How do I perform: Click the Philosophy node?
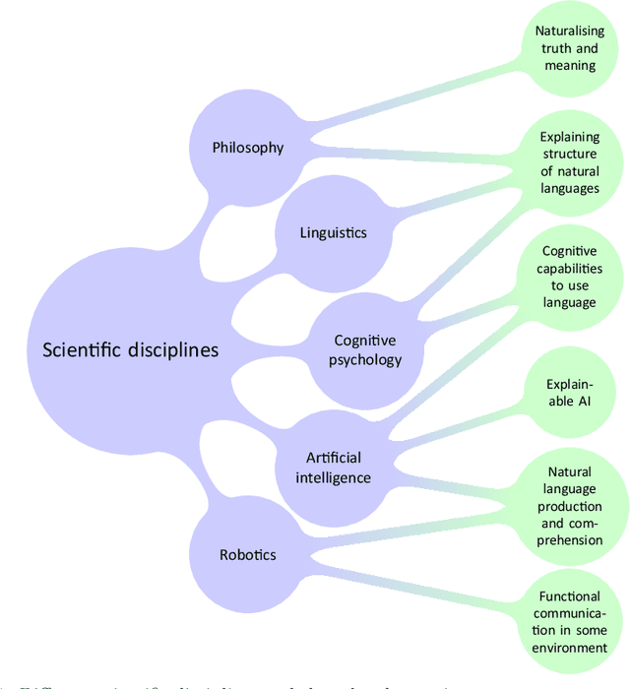point(248,148)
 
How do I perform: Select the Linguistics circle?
point(333,233)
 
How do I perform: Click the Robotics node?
point(247,554)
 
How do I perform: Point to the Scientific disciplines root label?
point(130,349)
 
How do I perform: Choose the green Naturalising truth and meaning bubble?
point(571,48)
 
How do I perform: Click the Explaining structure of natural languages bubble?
point(571,162)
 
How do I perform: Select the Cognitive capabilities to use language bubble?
point(571,277)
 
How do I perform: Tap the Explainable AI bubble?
point(571,391)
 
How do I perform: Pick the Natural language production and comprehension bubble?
point(571,505)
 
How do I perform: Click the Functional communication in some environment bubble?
point(571,621)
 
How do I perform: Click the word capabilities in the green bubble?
point(571,269)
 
